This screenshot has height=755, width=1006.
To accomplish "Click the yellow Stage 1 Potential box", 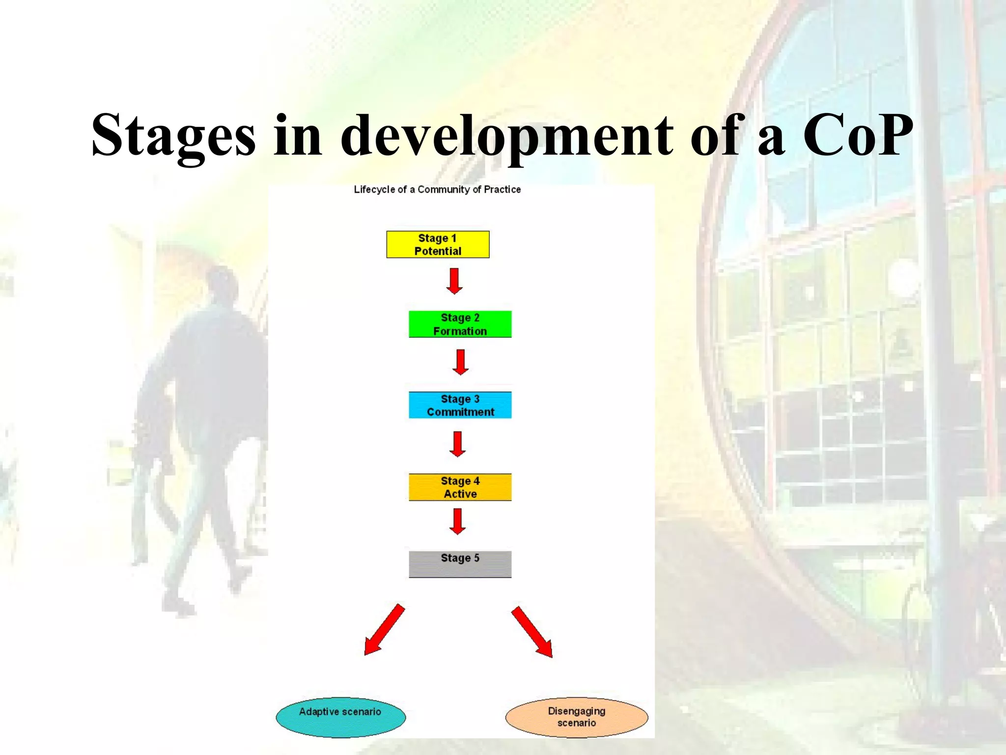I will pyautogui.click(x=438, y=244).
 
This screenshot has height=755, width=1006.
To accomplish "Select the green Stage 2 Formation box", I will pyautogui.click(x=460, y=324).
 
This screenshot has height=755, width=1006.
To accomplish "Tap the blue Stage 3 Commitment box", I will pyautogui.click(x=460, y=405).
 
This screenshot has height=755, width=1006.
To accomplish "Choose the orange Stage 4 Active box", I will pyautogui.click(x=460, y=487).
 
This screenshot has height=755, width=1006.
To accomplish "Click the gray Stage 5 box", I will pyautogui.click(x=460, y=564).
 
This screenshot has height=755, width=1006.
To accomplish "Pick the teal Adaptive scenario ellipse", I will pyautogui.click(x=340, y=717).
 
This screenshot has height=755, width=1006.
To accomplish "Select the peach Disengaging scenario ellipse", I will pyautogui.click(x=576, y=717).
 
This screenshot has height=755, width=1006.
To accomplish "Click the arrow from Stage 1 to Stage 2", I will pyautogui.click(x=454, y=281).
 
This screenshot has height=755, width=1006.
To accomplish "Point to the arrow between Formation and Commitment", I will pyautogui.click(x=460, y=362).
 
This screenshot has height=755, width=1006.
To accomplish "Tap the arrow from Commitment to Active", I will pyautogui.click(x=457, y=444).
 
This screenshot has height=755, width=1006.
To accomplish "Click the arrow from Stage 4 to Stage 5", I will pyautogui.click(x=457, y=521).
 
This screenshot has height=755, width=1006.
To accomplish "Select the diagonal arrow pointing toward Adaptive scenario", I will pyautogui.click(x=384, y=630).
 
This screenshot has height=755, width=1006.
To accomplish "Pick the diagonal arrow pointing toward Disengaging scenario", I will pyautogui.click(x=532, y=632).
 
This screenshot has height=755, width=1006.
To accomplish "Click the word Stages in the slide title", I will pyautogui.click(x=173, y=135).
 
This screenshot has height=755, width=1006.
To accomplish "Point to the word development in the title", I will pyautogui.click(x=507, y=135).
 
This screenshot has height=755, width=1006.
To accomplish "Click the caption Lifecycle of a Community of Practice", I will pyautogui.click(x=437, y=190).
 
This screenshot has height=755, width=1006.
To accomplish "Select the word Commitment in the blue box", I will pyautogui.click(x=460, y=412).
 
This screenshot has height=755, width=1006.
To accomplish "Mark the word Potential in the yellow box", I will pyautogui.click(x=438, y=251).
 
